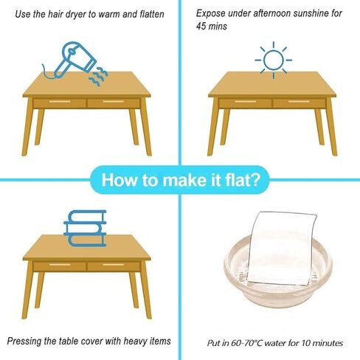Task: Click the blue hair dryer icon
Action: [74, 59]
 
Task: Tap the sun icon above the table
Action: [274, 60]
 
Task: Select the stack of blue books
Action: [85, 228]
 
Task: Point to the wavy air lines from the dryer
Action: [98, 76]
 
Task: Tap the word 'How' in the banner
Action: [119, 180]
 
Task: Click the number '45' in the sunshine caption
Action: [201, 26]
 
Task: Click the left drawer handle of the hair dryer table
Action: [60, 102]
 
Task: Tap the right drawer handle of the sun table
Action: [299, 102]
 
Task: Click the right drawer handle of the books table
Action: [114, 265]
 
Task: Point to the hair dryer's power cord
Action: [47, 73]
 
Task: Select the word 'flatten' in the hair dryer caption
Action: [152, 14]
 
